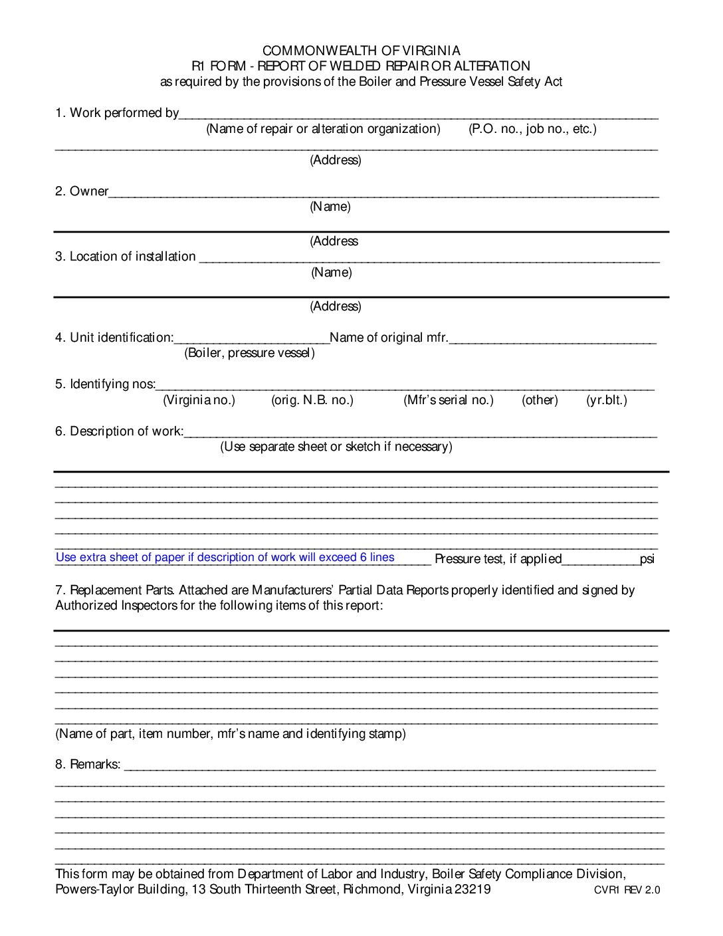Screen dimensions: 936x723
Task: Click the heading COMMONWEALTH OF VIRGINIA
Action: point(361,51)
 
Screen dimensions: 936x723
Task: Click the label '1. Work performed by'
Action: point(117,113)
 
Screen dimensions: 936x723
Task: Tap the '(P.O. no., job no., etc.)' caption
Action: point(532,129)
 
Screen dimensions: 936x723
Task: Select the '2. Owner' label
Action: point(82,191)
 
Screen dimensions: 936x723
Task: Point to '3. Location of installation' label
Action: point(125,257)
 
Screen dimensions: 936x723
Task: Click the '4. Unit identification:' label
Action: point(114,338)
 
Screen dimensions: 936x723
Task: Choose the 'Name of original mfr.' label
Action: point(389,338)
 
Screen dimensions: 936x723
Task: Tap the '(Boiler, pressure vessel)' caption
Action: point(249,353)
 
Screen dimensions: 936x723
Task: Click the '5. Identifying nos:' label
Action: point(105,384)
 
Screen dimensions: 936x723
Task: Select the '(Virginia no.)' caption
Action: point(199,400)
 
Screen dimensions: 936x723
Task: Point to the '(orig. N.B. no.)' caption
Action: point(312,400)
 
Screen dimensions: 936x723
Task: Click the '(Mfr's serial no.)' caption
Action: point(449,400)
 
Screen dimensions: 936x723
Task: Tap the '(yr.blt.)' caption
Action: point(606,400)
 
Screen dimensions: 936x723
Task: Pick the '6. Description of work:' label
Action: point(119,431)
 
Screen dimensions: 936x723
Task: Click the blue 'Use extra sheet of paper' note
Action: point(225,558)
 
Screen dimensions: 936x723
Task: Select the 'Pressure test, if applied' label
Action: point(498,559)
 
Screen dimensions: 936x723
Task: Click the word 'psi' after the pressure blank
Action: point(647,559)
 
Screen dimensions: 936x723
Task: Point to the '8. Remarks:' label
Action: point(88,765)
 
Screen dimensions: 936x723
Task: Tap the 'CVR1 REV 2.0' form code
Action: point(627,891)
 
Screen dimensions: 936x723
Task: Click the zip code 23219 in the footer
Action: point(472,889)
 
